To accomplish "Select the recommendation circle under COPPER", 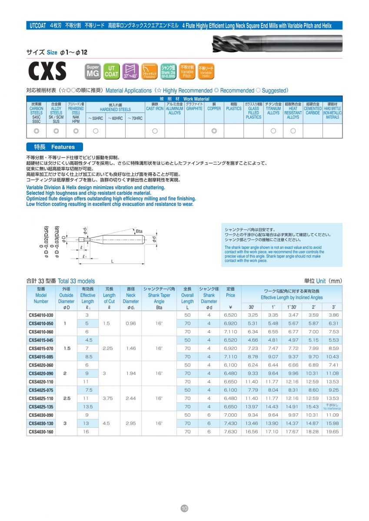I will click(214, 131).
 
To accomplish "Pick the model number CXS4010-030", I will click(41, 315).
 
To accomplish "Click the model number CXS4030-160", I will click(41, 432).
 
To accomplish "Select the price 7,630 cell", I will click(230, 432).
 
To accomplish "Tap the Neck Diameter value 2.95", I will click(130, 423).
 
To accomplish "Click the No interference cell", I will click(332, 407).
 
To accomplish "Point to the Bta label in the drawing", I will click(139, 231).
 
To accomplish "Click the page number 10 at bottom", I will click(184, 508).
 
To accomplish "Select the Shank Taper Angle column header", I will click(159, 295).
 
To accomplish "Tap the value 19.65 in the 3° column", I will click(332, 432).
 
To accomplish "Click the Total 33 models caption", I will click(61, 281).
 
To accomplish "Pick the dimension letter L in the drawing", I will click(112, 261).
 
